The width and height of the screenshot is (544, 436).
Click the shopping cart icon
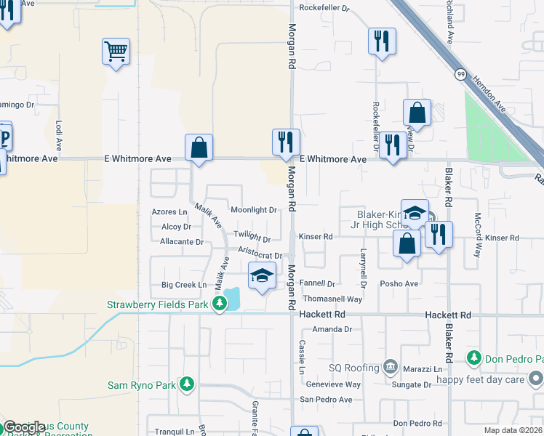[116, 52]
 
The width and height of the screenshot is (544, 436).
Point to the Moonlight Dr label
[253, 210]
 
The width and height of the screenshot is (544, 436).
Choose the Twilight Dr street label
[252, 238]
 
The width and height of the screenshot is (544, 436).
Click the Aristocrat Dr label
[260, 256]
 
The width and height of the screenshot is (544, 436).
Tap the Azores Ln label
[169, 212]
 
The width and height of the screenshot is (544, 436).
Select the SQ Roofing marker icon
[391, 366]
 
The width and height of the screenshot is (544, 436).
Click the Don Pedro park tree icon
[474, 358]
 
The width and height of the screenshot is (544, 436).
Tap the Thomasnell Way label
[332, 299]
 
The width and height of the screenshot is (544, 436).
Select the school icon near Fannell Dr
[262, 276]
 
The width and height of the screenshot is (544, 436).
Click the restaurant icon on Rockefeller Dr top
[382, 41]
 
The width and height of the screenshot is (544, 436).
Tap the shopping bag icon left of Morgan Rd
[199, 148]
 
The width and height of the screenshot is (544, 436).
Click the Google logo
[24, 427]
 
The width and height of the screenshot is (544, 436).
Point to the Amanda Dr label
[332, 329]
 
